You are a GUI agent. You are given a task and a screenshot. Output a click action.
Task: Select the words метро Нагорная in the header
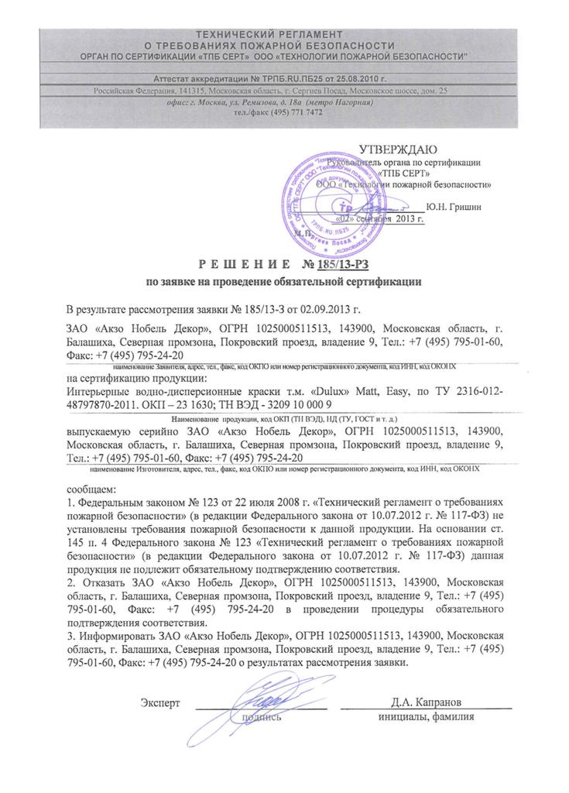pos(340,102)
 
